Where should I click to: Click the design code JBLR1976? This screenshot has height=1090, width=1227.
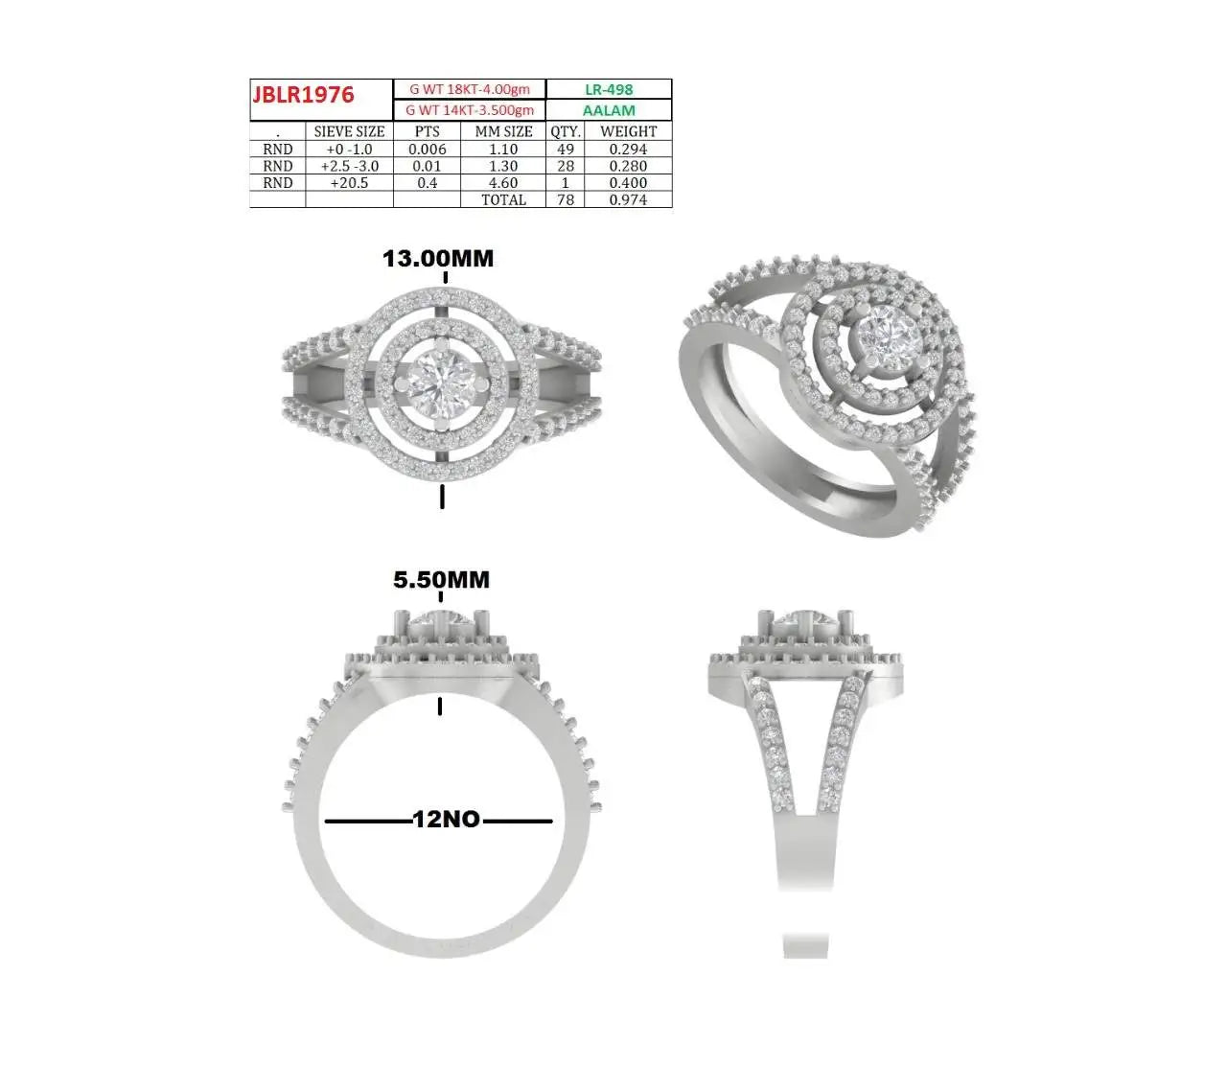(303, 95)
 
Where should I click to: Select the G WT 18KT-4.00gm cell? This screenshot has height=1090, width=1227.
(470, 89)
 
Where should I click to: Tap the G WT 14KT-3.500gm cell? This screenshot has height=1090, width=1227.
(470, 110)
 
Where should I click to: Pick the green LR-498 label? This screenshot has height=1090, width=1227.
(609, 89)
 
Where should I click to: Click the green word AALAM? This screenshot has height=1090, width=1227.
(609, 110)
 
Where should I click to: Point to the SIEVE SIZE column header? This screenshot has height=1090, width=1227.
(349, 131)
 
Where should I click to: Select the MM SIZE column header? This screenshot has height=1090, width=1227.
(503, 131)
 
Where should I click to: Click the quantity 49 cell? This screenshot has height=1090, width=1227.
(565, 149)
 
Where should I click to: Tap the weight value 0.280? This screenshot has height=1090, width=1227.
(628, 166)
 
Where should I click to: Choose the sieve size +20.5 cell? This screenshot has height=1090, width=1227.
(349, 183)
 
